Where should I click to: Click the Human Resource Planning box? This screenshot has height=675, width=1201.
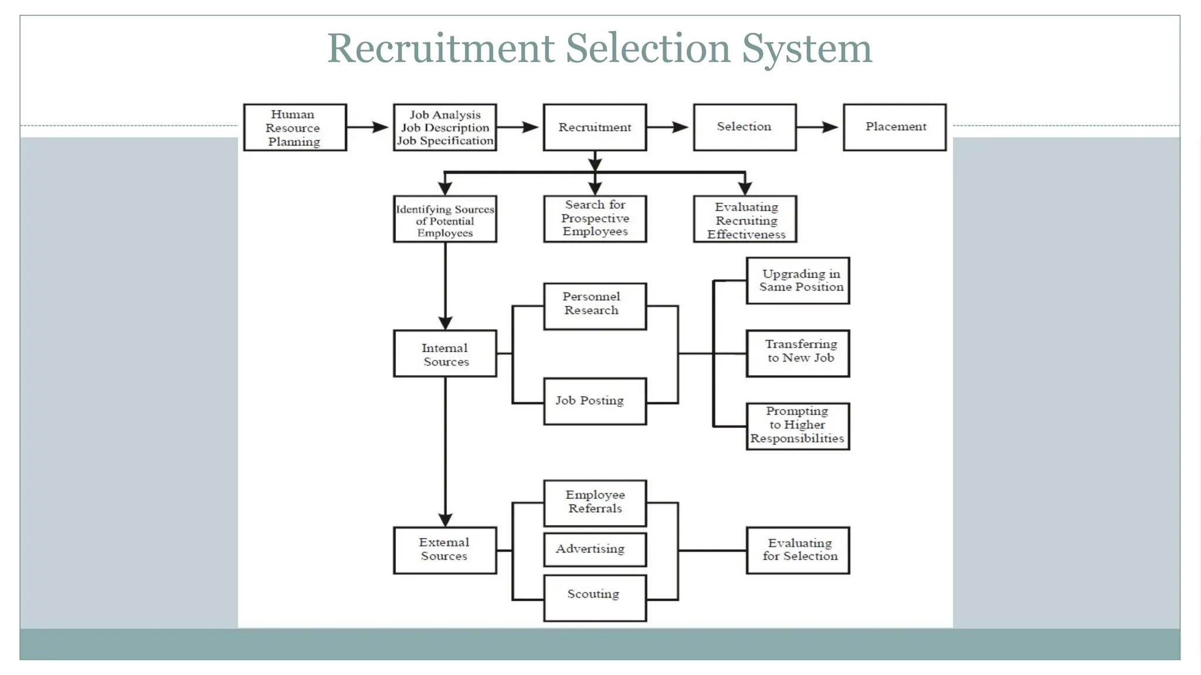(295, 128)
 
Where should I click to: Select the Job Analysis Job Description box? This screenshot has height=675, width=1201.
(445, 128)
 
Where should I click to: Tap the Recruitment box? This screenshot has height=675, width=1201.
(595, 128)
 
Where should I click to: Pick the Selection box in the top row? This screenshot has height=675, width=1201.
(745, 127)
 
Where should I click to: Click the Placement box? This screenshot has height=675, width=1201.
(895, 127)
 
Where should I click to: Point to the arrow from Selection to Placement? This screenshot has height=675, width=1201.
(819, 127)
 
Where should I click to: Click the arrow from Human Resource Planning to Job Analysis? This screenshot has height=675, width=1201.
(369, 127)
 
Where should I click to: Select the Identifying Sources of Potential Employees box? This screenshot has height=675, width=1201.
(445, 220)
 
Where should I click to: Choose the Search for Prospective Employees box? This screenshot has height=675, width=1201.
(595, 219)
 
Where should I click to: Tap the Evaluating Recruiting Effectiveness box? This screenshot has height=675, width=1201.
(745, 220)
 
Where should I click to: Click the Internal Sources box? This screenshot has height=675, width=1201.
(445, 354)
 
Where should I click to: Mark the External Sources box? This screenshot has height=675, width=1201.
(445, 550)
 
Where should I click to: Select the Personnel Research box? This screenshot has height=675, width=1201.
(595, 306)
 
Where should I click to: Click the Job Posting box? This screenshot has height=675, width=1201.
(595, 401)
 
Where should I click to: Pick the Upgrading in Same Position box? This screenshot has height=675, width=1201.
(798, 281)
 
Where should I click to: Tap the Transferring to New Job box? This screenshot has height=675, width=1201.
(798, 353)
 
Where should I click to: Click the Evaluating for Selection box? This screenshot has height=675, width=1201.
(798, 550)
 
